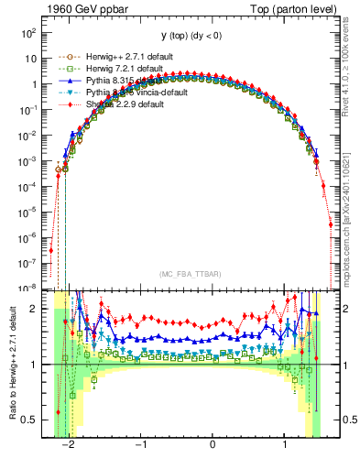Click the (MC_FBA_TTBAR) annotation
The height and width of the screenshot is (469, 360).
[187, 275]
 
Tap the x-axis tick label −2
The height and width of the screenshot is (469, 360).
[69, 445]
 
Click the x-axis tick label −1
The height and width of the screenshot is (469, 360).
[140, 445]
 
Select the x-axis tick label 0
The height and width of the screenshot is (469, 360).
[213, 445]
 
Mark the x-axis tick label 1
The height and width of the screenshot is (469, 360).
[284, 445]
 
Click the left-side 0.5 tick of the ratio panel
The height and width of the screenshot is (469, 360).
[28, 420]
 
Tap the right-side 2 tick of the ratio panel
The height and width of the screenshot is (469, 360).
[342, 309]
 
